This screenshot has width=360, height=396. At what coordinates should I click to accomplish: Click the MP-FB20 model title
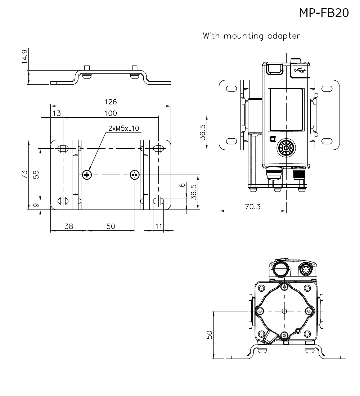[x=324, y=13]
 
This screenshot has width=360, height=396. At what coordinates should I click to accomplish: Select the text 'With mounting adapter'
[x=251, y=36]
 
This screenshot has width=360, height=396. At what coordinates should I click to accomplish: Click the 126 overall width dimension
[x=110, y=102]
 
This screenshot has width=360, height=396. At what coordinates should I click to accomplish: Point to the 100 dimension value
[x=111, y=113]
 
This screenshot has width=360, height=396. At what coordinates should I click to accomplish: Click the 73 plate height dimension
[x=24, y=175]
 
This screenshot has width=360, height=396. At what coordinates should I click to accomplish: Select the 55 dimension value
[x=36, y=175]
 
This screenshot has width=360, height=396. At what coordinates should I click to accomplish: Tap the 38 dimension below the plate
[x=68, y=226]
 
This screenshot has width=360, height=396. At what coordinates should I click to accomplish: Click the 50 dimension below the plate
[x=111, y=226]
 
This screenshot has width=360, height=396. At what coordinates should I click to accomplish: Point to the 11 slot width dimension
[x=158, y=226]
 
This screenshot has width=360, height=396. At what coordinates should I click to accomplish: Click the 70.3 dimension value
[x=252, y=206]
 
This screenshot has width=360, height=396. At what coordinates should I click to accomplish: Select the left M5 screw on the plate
[x=87, y=175]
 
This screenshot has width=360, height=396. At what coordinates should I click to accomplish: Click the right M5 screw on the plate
[x=135, y=175]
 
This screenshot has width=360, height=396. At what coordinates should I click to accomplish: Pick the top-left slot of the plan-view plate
[x=63, y=148]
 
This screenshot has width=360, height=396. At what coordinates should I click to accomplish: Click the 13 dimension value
[x=57, y=113]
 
